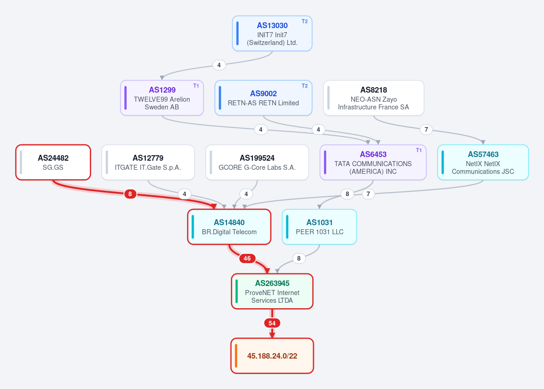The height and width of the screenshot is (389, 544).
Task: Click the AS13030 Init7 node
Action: tap(272, 33)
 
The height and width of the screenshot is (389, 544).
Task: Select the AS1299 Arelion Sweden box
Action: tap(162, 98)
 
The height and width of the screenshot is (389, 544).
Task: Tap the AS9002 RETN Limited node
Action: tap(263, 98)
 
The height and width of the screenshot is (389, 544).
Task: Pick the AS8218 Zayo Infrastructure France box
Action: tap(374, 98)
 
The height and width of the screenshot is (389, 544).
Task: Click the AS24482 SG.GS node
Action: tap(53, 162)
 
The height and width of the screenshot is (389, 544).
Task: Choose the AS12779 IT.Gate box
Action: tap(148, 162)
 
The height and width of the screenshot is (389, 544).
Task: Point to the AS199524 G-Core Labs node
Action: tap(257, 162)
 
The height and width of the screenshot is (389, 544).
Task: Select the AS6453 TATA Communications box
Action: tap(373, 162)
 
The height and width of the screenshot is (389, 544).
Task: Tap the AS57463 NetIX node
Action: tap(483, 162)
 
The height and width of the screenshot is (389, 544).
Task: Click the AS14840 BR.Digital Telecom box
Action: tap(229, 227)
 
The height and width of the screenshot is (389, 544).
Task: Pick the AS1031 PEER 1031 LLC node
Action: tap(319, 227)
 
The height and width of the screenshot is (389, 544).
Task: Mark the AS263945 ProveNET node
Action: tap(272, 291)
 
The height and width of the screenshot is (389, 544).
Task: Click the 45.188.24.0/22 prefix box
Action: tap(272, 356)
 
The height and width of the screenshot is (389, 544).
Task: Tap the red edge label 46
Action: tap(247, 259)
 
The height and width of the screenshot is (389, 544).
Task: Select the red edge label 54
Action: tap(272, 324)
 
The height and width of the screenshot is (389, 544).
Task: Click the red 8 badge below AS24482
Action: tap(130, 194)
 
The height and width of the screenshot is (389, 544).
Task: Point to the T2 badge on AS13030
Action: tap(304, 21)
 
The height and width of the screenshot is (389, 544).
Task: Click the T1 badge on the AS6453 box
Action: tap(419, 150)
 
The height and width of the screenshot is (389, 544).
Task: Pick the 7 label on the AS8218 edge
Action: tap(426, 130)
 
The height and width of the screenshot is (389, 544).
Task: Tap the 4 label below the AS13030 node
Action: tap(219, 65)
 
